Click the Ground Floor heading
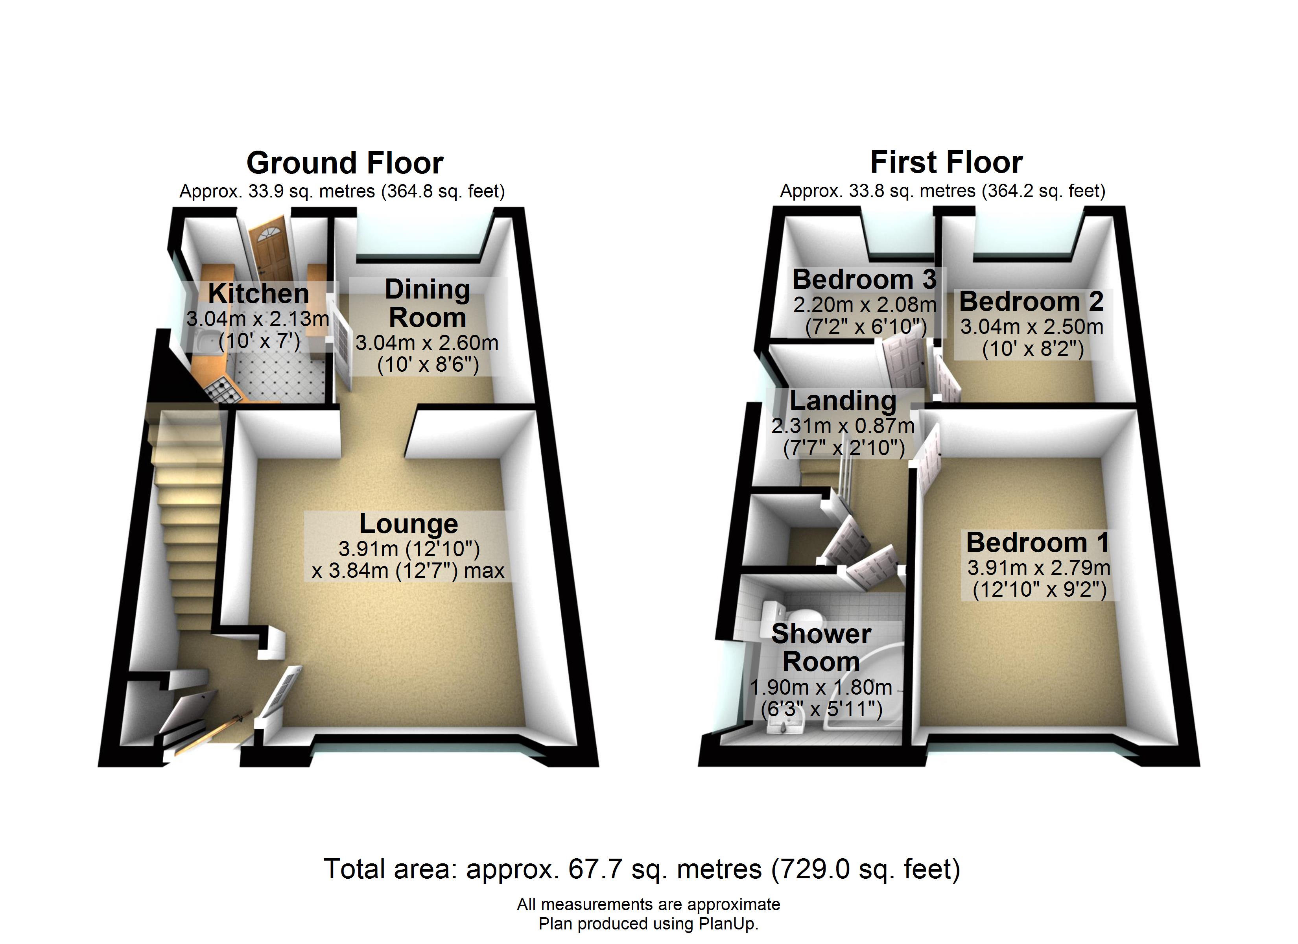(x=345, y=163)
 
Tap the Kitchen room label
(x=259, y=294)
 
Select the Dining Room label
(x=428, y=303)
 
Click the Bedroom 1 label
(x=1038, y=542)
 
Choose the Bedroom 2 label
(x=1031, y=302)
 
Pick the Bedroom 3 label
(x=864, y=280)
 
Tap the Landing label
(x=843, y=401)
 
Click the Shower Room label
(x=821, y=647)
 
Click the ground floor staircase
(x=189, y=515)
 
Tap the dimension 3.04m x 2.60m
(x=427, y=343)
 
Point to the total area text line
(x=642, y=869)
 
